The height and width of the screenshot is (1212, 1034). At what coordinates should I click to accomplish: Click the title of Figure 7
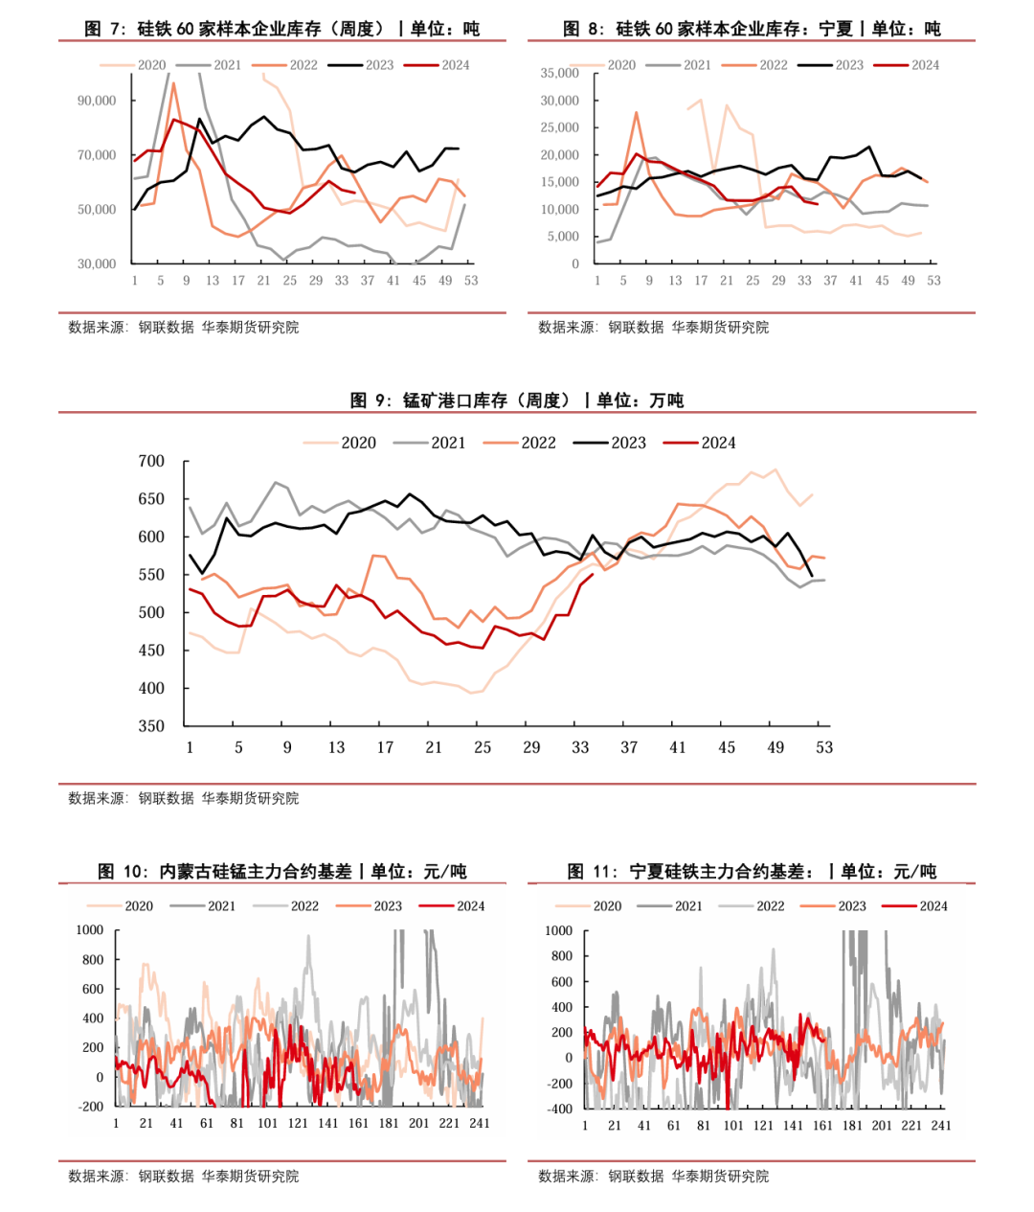pos(281,29)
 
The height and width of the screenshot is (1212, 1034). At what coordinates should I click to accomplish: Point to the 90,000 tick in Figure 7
pos(97,101)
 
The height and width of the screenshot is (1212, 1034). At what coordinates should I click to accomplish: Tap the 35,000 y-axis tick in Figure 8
pos(559,73)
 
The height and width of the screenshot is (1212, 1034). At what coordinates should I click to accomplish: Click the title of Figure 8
pos(752,29)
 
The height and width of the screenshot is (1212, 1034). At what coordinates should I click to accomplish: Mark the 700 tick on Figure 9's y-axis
pos(151,461)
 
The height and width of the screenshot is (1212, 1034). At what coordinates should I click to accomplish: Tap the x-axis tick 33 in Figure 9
pos(580,747)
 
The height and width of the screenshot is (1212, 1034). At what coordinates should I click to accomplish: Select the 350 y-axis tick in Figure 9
pos(151,726)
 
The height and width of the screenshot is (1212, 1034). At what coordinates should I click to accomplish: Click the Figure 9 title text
pos(517,400)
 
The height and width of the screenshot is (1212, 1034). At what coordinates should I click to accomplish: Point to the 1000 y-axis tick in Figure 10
pos(90,930)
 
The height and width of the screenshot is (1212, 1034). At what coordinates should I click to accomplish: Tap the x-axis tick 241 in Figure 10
pos(479,1123)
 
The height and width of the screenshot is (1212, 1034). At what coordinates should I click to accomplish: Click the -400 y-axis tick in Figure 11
pos(559,1109)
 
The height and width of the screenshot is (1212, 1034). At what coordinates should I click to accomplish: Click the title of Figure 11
pos(752,871)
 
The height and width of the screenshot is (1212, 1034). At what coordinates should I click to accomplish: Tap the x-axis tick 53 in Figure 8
pos(933,281)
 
